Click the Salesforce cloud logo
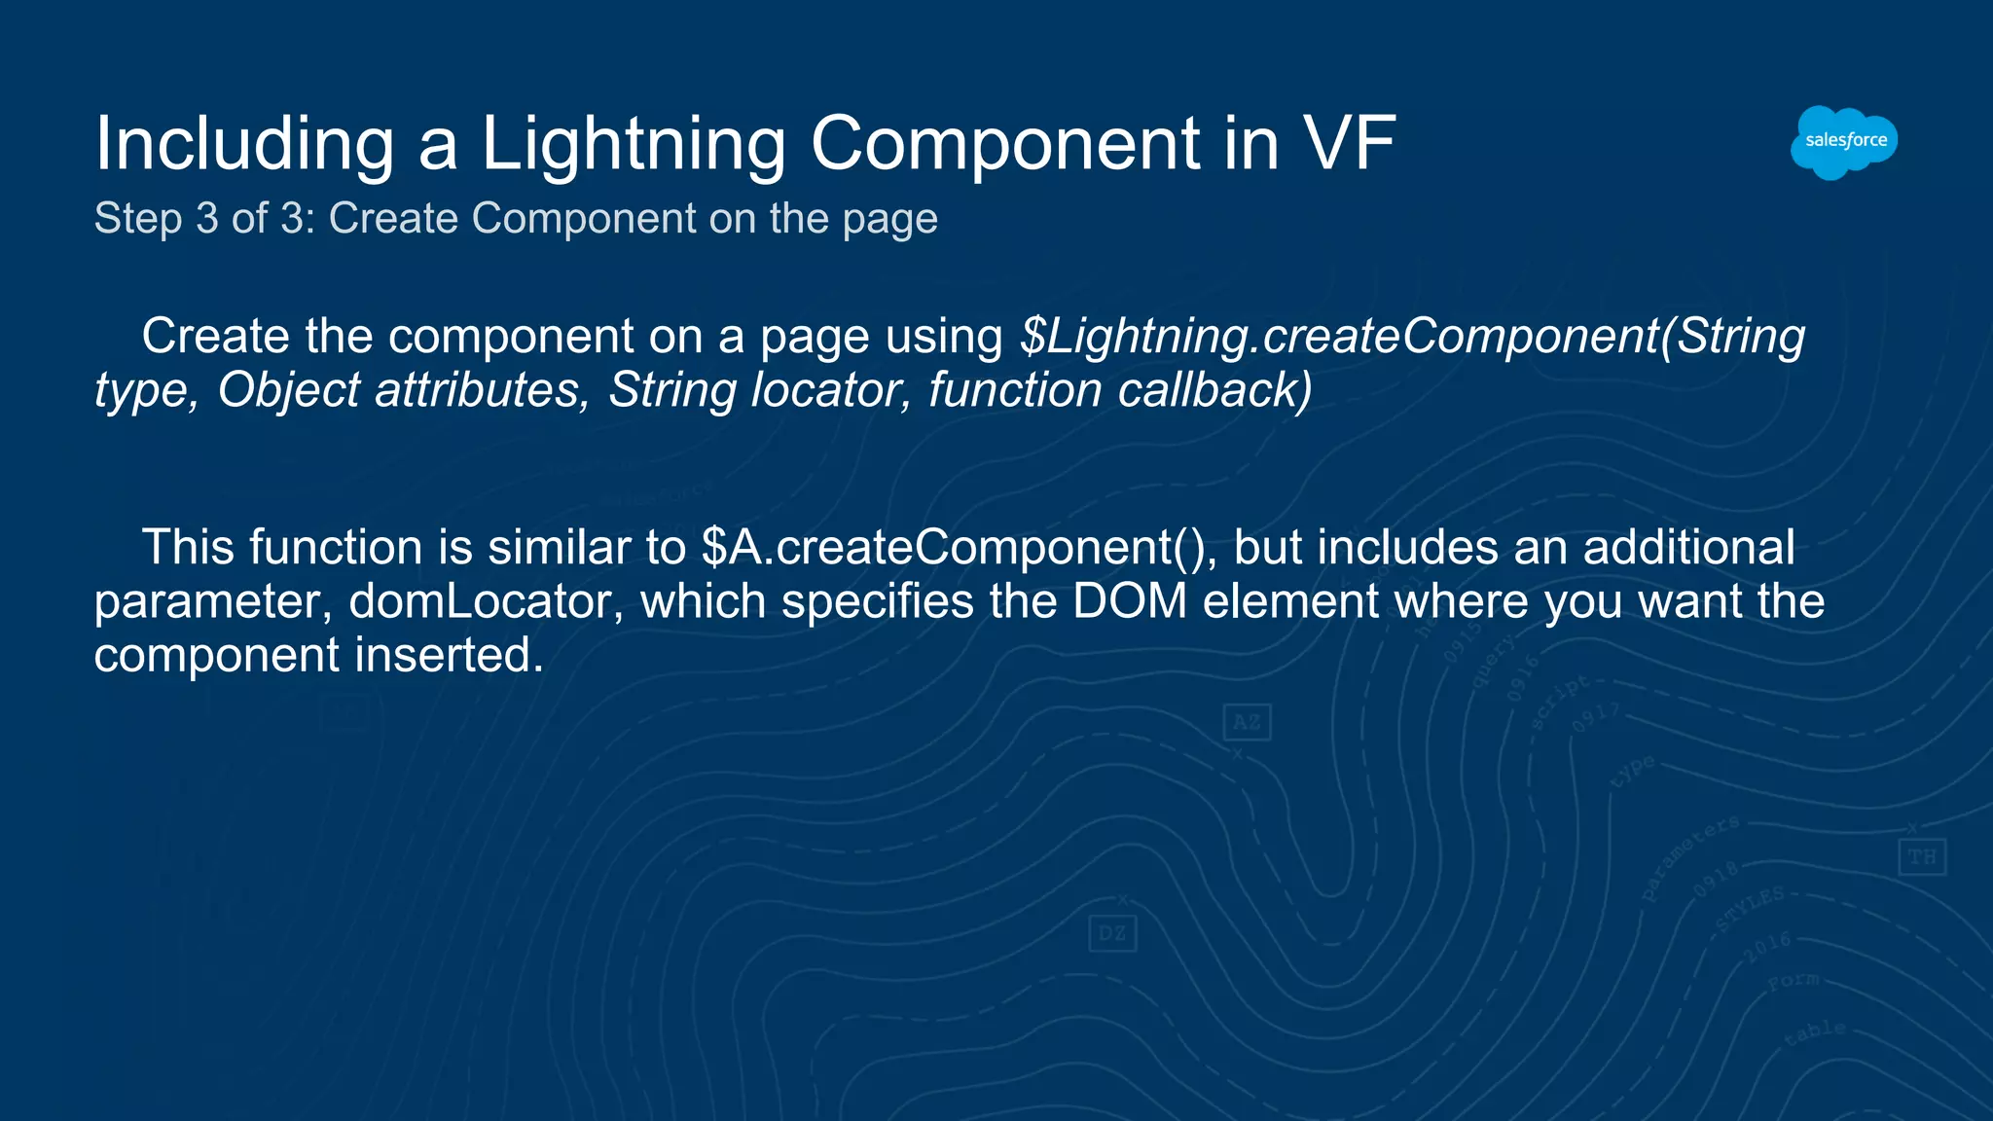[x=1844, y=142]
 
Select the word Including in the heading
[x=244, y=144]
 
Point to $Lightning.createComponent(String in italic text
[x=1411, y=337]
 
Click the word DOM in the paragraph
[x=1129, y=601]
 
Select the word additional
[x=1688, y=548]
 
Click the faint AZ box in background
[x=1247, y=722]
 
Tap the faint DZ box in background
[x=1112, y=934]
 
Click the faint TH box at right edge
[x=1922, y=857]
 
